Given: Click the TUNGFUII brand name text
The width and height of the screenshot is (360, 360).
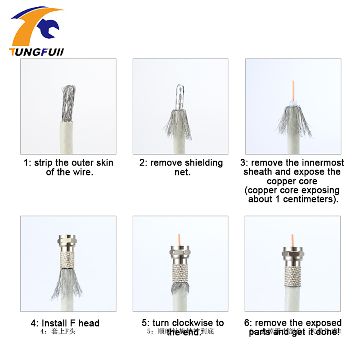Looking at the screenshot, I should pyautogui.click(x=36, y=52).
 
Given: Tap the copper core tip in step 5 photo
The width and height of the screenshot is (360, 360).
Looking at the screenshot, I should pyautogui.click(x=180, y=238).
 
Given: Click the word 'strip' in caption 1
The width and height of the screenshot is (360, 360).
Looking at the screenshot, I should pyautogui.click(x=45, y=162).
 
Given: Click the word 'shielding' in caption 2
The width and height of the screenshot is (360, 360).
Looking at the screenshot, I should pyautogui.click(x=203, y=162).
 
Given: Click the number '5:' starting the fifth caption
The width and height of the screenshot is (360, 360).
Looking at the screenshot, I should pyautogui.click(x=146, y=323).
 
